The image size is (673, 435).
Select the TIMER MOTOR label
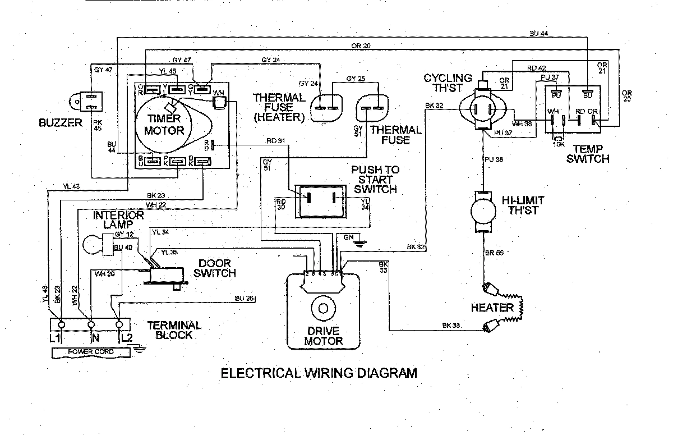point(164,124)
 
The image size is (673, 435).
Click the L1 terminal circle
point(61,325)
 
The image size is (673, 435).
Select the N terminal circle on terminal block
point(90,325)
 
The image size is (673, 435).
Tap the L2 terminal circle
point(119,325)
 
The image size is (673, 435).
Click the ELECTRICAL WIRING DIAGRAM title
point(319,373)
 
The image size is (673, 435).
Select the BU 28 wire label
point(245,298)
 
